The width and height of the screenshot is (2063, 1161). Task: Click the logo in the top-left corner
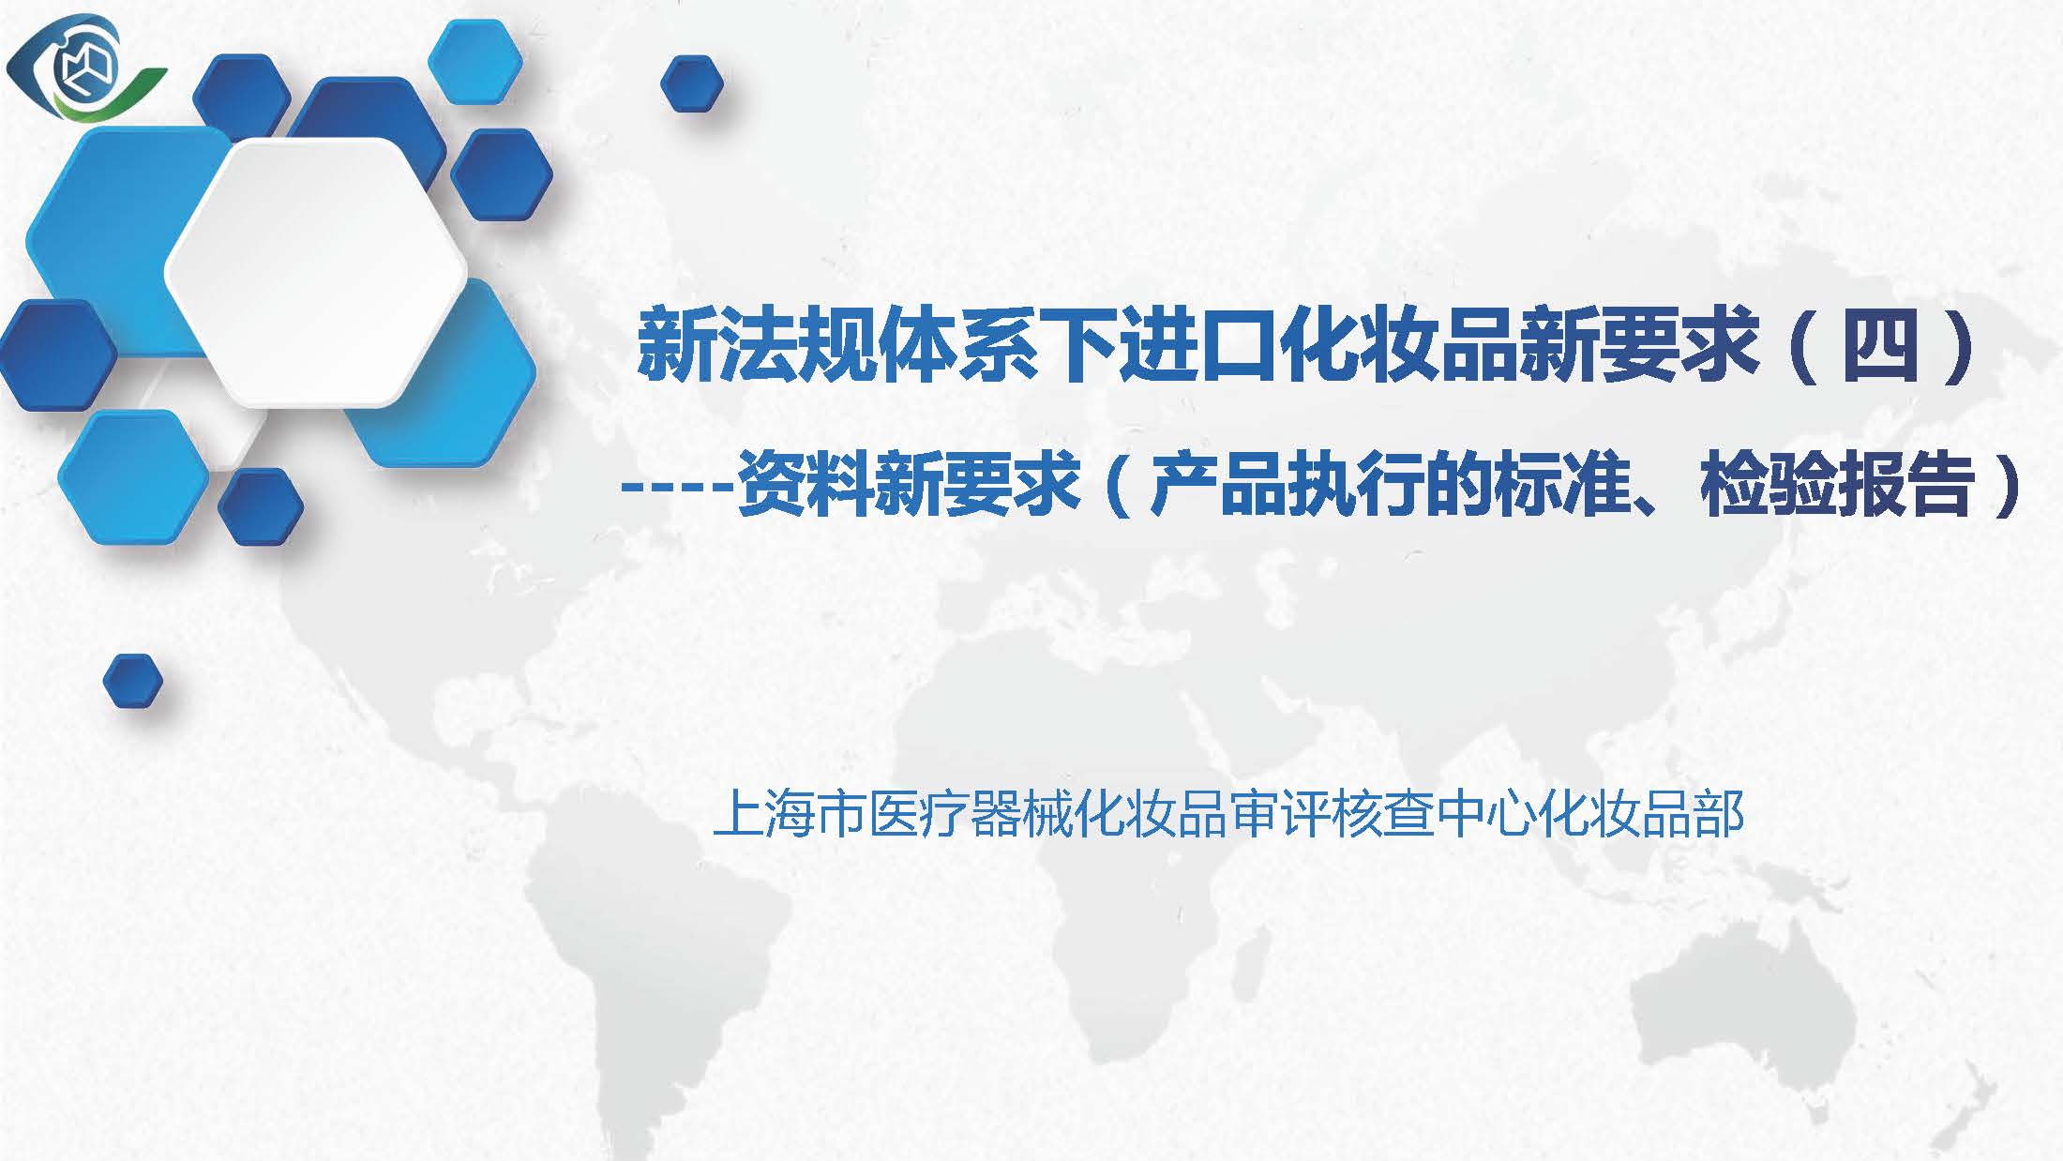pos(85,68)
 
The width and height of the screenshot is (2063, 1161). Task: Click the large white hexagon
pos(316,272)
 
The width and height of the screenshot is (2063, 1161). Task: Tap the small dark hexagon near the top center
pos(692,83)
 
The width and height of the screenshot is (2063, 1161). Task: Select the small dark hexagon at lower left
pos(132,681)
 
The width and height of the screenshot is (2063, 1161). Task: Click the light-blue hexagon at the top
pos(475,61)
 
